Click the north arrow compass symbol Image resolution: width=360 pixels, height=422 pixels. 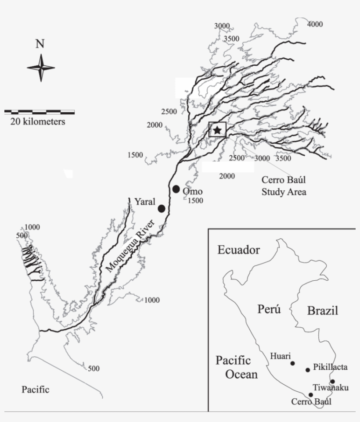coord(41,68)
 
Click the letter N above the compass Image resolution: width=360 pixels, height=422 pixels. coord(40,44)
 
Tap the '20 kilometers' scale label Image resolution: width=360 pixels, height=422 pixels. coord(38,122)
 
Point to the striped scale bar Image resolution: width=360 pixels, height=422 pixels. coord(40,112)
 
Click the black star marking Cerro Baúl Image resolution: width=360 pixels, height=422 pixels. coord(217,130)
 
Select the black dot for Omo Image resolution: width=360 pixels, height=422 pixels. coord(176,189)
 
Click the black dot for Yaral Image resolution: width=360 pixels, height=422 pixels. coord(162,208)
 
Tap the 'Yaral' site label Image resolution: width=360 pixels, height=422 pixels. coord(145,201)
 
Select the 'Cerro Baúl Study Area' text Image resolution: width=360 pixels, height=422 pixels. coord(284,186)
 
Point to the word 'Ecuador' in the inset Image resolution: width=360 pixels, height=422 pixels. coord(239,250)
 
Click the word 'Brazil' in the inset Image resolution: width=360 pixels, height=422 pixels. coord(323,311)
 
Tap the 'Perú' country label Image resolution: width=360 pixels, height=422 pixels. coord(269,309)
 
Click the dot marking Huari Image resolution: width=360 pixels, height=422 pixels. coord(292,363)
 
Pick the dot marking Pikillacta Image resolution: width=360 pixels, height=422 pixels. coord(308,370)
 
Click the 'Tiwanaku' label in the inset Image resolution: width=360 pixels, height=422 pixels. coord(331,388)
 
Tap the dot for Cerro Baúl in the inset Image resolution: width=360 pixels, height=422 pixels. coord(311,395)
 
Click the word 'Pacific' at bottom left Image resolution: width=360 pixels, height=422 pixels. coord(36,390)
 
